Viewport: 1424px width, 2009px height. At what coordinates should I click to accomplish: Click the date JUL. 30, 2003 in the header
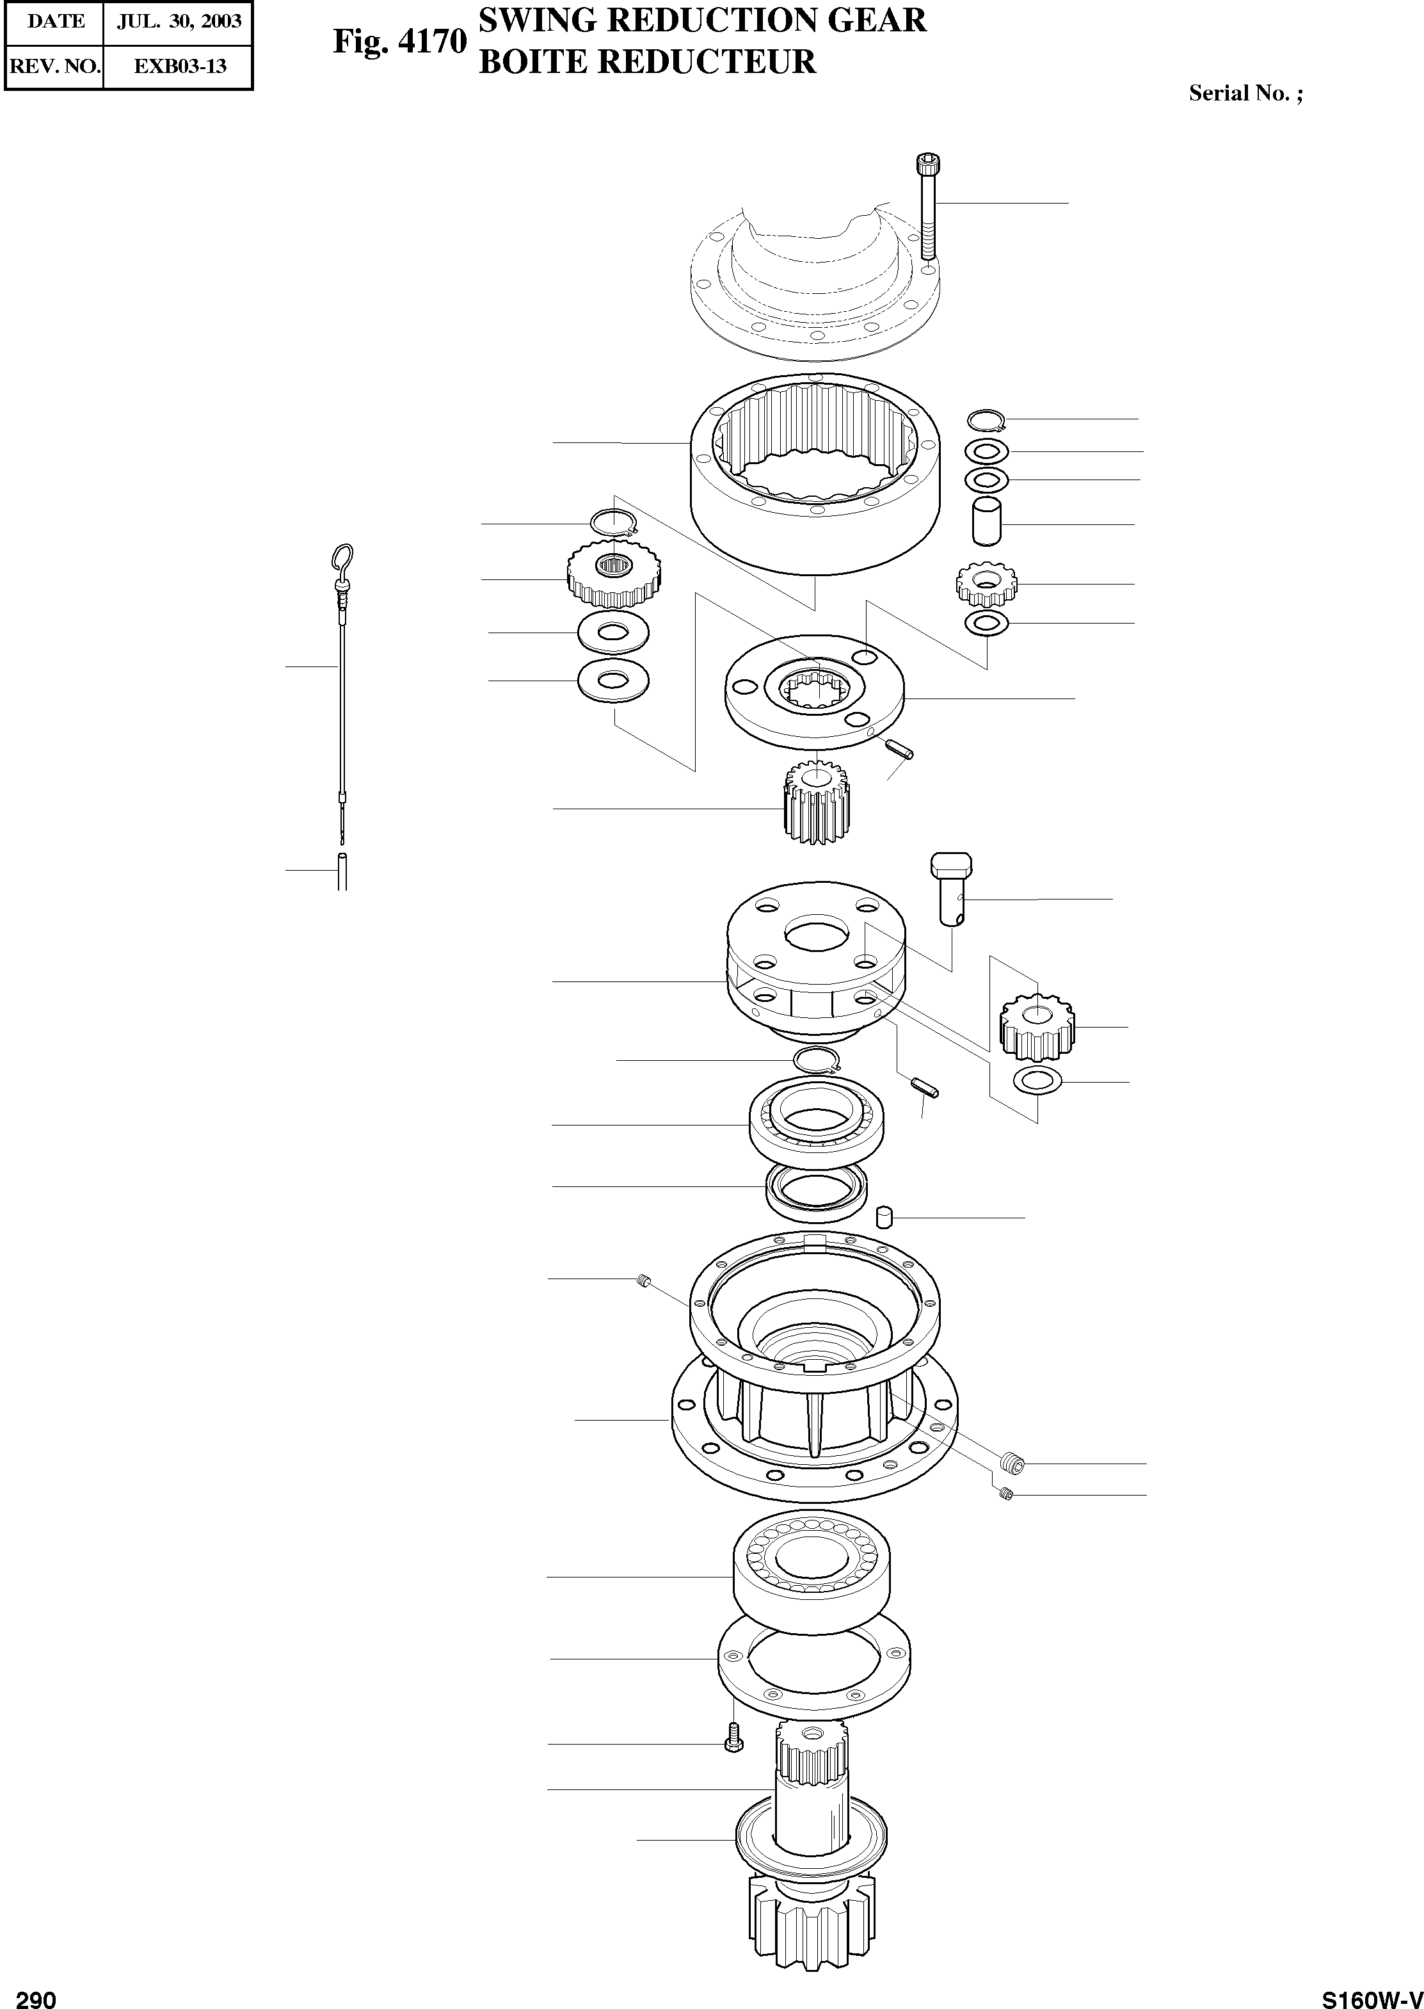point(179,21)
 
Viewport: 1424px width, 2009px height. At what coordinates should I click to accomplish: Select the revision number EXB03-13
point(179,66)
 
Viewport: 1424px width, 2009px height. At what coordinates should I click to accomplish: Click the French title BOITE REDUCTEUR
point(647,61)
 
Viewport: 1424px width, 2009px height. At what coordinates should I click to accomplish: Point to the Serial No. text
point(1244,93)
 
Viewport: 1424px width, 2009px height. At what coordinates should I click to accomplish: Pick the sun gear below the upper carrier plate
point(815,802)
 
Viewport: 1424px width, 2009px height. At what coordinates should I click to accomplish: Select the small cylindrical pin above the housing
point(884,1217)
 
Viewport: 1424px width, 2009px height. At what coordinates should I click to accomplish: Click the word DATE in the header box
point(56,21)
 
